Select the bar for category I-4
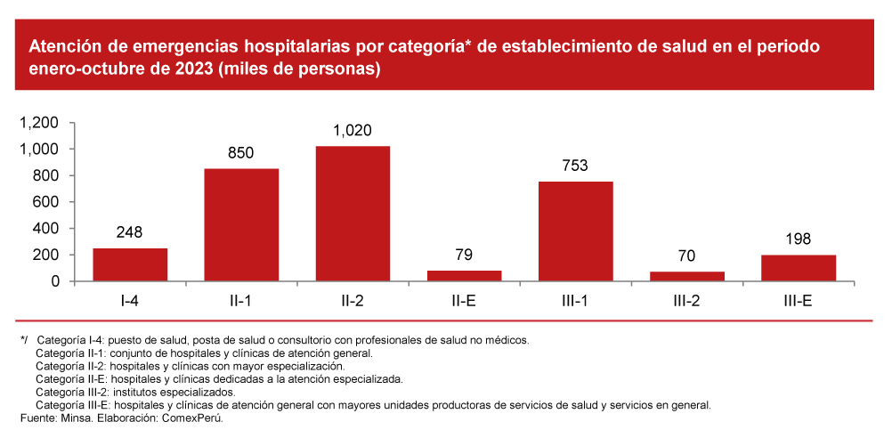click(x=130, y=264)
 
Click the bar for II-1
click(x=241, y=225)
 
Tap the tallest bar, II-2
click(x=353, y=214)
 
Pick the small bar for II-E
click(x=464, y=276)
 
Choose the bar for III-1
click(x=575, y=231)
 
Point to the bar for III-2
click(x=686, y=277)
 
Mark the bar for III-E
click(x=798, y=268)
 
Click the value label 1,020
click(x=353, y=131)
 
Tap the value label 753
click(x=575, y=166)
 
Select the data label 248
click(x=130, y=233)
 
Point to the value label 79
click(x=464, y=255)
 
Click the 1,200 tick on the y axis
click(x=39, y=123)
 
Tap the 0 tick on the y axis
click(x=55, y=281)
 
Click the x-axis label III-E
click(x=798, y=302)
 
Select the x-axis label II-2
click(x=353, y=302)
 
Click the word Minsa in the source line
click(x=75, y=418)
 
